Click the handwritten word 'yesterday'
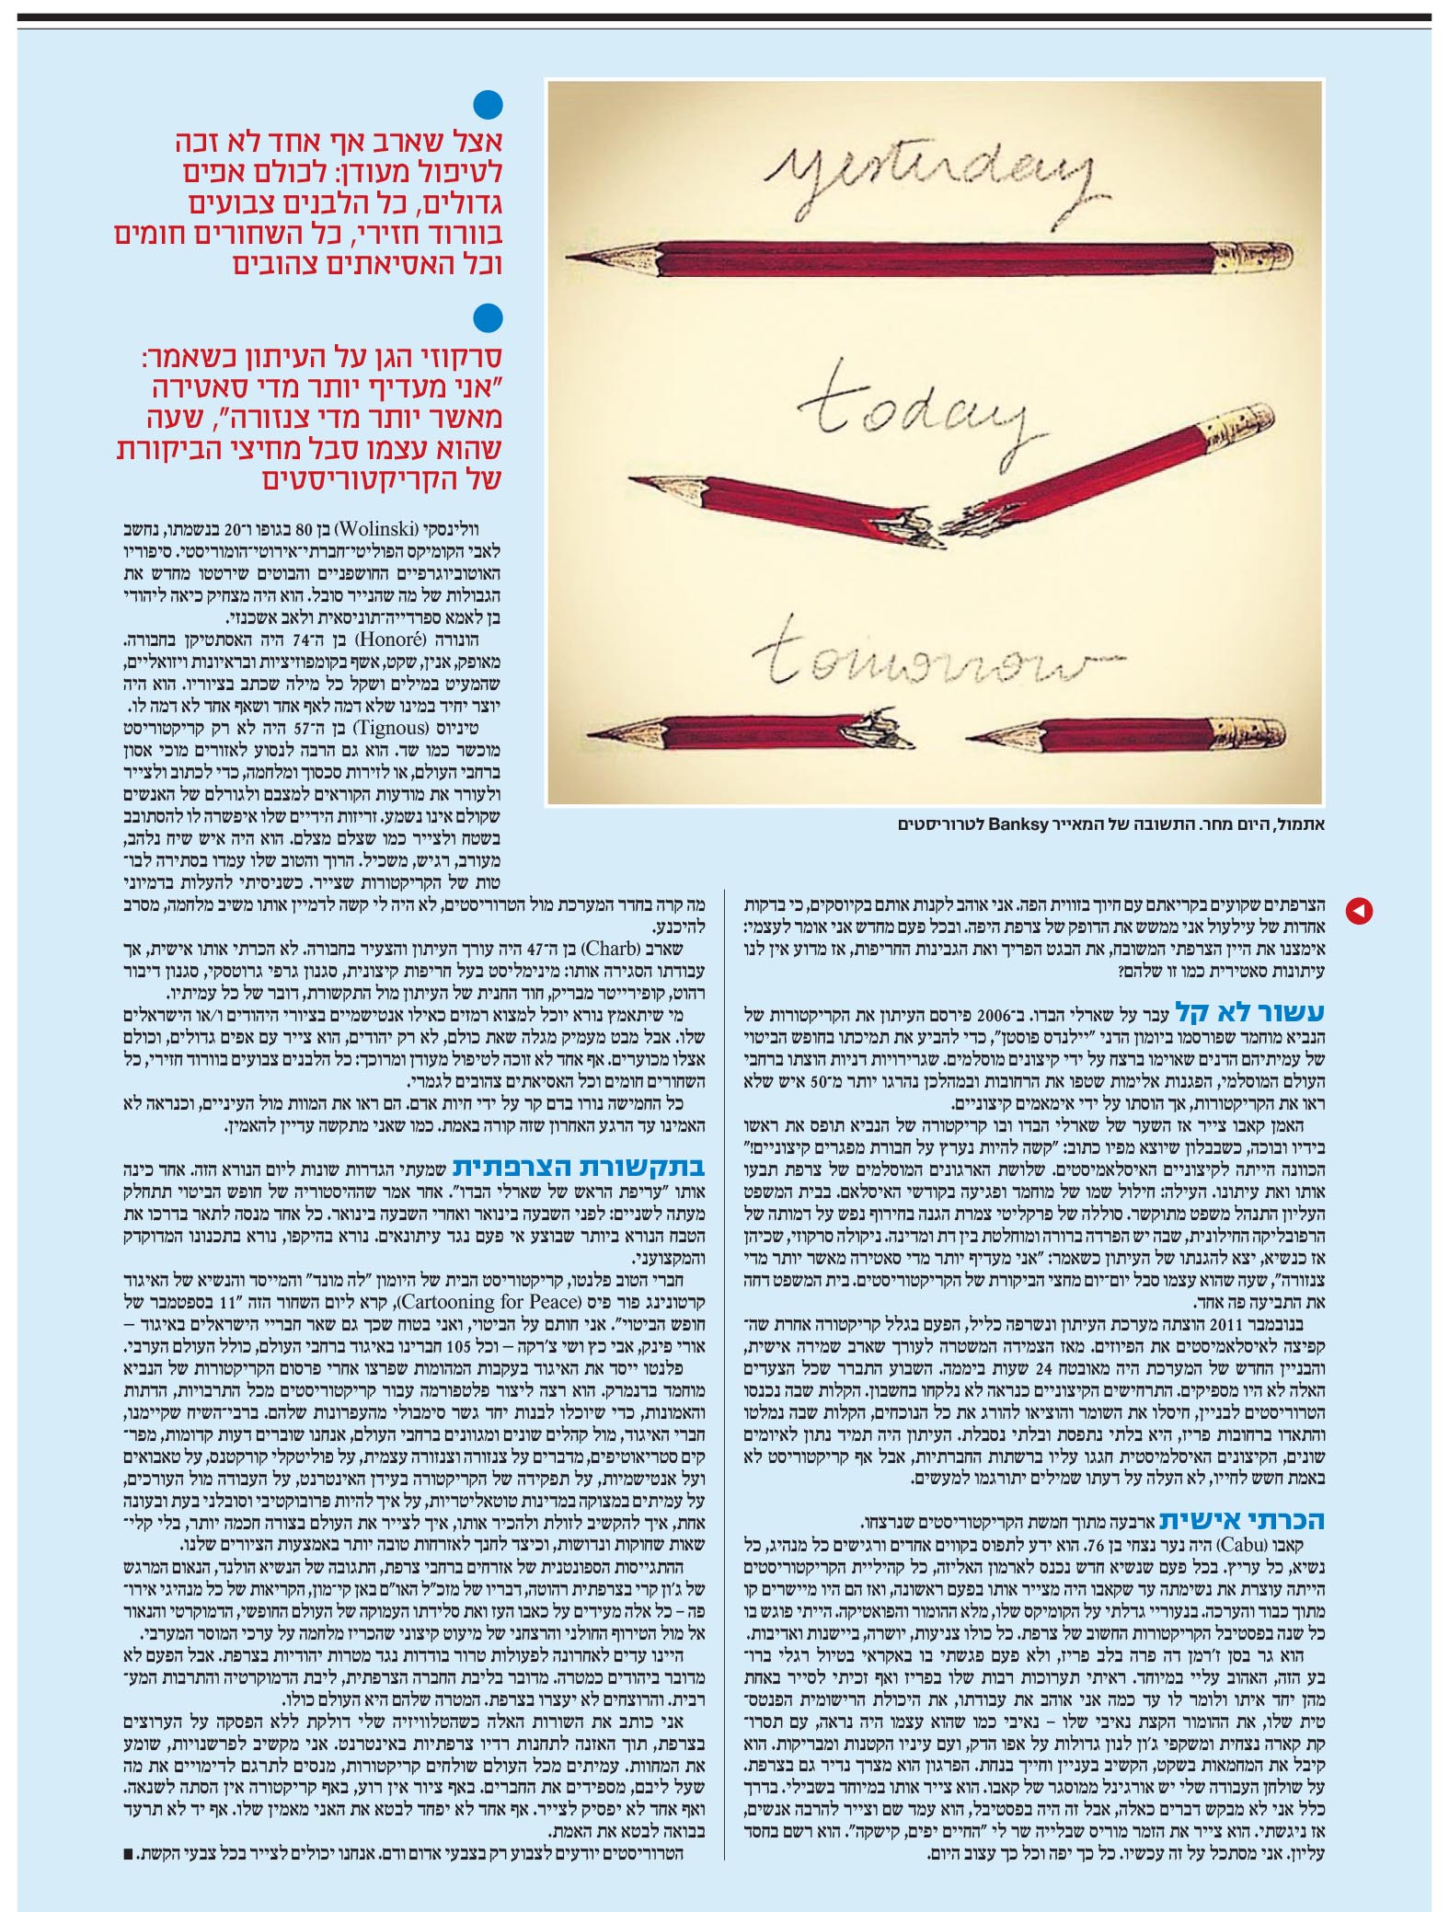[929, 175]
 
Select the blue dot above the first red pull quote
[488, 104]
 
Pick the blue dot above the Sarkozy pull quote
[488, 318]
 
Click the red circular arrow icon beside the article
[1359, 911]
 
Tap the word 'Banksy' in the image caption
[1019, 824]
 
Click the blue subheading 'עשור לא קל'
[1250, 1014]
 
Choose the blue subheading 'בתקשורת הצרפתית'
[580, 1167]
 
